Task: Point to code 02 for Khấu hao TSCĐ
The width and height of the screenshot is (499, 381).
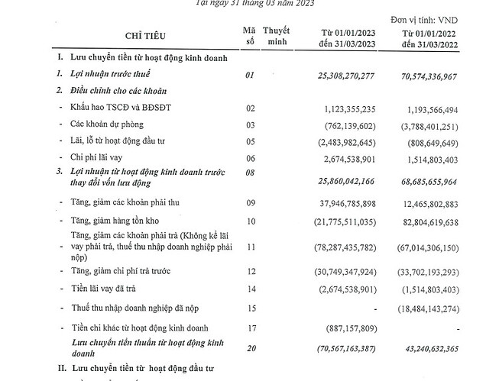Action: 249,108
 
